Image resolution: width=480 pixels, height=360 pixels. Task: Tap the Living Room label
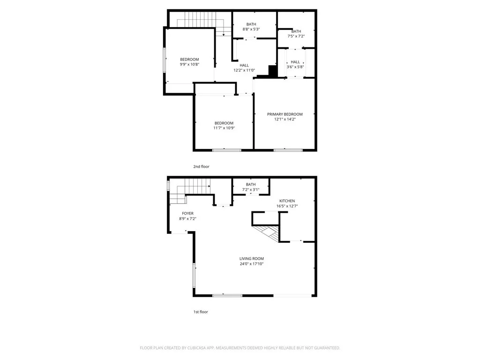point(252,258)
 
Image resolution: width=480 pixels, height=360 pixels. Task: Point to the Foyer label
point(187,213)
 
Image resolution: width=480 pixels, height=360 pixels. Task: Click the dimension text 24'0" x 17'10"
point(252,264)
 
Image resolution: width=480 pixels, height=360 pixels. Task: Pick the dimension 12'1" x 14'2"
point(285,120)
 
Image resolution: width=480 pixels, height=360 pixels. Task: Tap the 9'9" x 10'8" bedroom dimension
point(189,65)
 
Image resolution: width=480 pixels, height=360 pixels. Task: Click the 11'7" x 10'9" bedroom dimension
point(224,128)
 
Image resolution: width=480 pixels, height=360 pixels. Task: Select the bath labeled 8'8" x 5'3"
point(251,29)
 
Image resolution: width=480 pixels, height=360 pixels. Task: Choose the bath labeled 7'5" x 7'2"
point(296,36)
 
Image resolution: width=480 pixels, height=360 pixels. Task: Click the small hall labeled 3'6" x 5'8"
point(295,67)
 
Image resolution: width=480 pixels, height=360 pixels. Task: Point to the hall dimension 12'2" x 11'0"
point(244,71)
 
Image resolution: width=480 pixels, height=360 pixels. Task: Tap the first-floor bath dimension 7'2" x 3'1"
point(251,190)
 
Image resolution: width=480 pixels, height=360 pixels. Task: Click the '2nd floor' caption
point(202,166)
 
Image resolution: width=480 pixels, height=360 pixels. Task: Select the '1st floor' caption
point(200,312)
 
